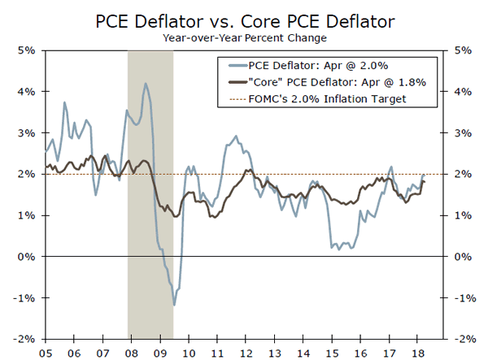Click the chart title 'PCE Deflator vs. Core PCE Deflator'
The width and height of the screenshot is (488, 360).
pos(244,19)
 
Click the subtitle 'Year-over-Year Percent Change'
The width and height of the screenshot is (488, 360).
pos(244,37)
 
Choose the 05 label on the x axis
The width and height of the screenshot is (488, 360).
pos(44,353)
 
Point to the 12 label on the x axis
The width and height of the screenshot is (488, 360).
pos(245,353)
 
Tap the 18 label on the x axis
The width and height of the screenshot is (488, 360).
pos(416,353)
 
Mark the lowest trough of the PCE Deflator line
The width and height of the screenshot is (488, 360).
pos(174,306)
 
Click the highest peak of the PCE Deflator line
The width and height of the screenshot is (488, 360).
pos(146,83)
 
